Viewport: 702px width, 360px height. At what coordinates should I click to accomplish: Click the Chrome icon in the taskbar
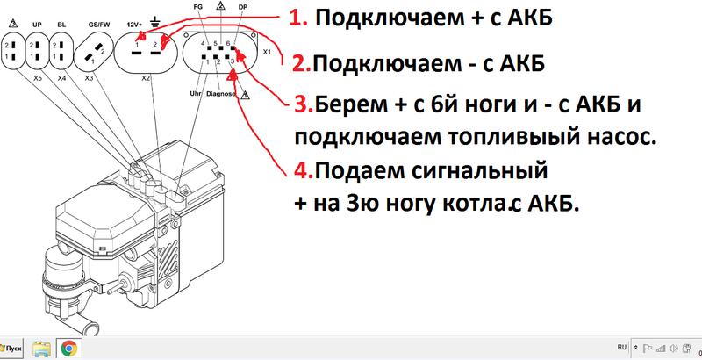click(x=68, y=348)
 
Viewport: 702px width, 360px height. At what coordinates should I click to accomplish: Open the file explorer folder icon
click(x=42, y=348)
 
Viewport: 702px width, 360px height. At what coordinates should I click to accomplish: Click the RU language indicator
click(x=622, y=347)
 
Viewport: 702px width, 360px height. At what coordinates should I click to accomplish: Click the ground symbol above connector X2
click(x=155, y=22)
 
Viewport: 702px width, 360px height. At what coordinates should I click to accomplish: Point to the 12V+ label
click(x=133, y=25)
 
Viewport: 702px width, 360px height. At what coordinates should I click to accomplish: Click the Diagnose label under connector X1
click(x=221, y=94)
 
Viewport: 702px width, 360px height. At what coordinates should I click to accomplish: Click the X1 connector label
click(x=267, y=52)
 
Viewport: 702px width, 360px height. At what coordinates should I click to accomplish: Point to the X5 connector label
click(x=38, y=78)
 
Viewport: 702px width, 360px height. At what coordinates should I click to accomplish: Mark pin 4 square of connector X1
click(x=209, y=47)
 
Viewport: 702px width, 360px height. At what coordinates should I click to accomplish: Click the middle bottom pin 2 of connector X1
click(x=215, y=57)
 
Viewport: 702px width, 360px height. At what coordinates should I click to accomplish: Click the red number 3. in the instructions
click(x=304, y=104)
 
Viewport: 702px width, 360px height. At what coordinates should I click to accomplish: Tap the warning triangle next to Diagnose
click(x=246, y=95)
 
